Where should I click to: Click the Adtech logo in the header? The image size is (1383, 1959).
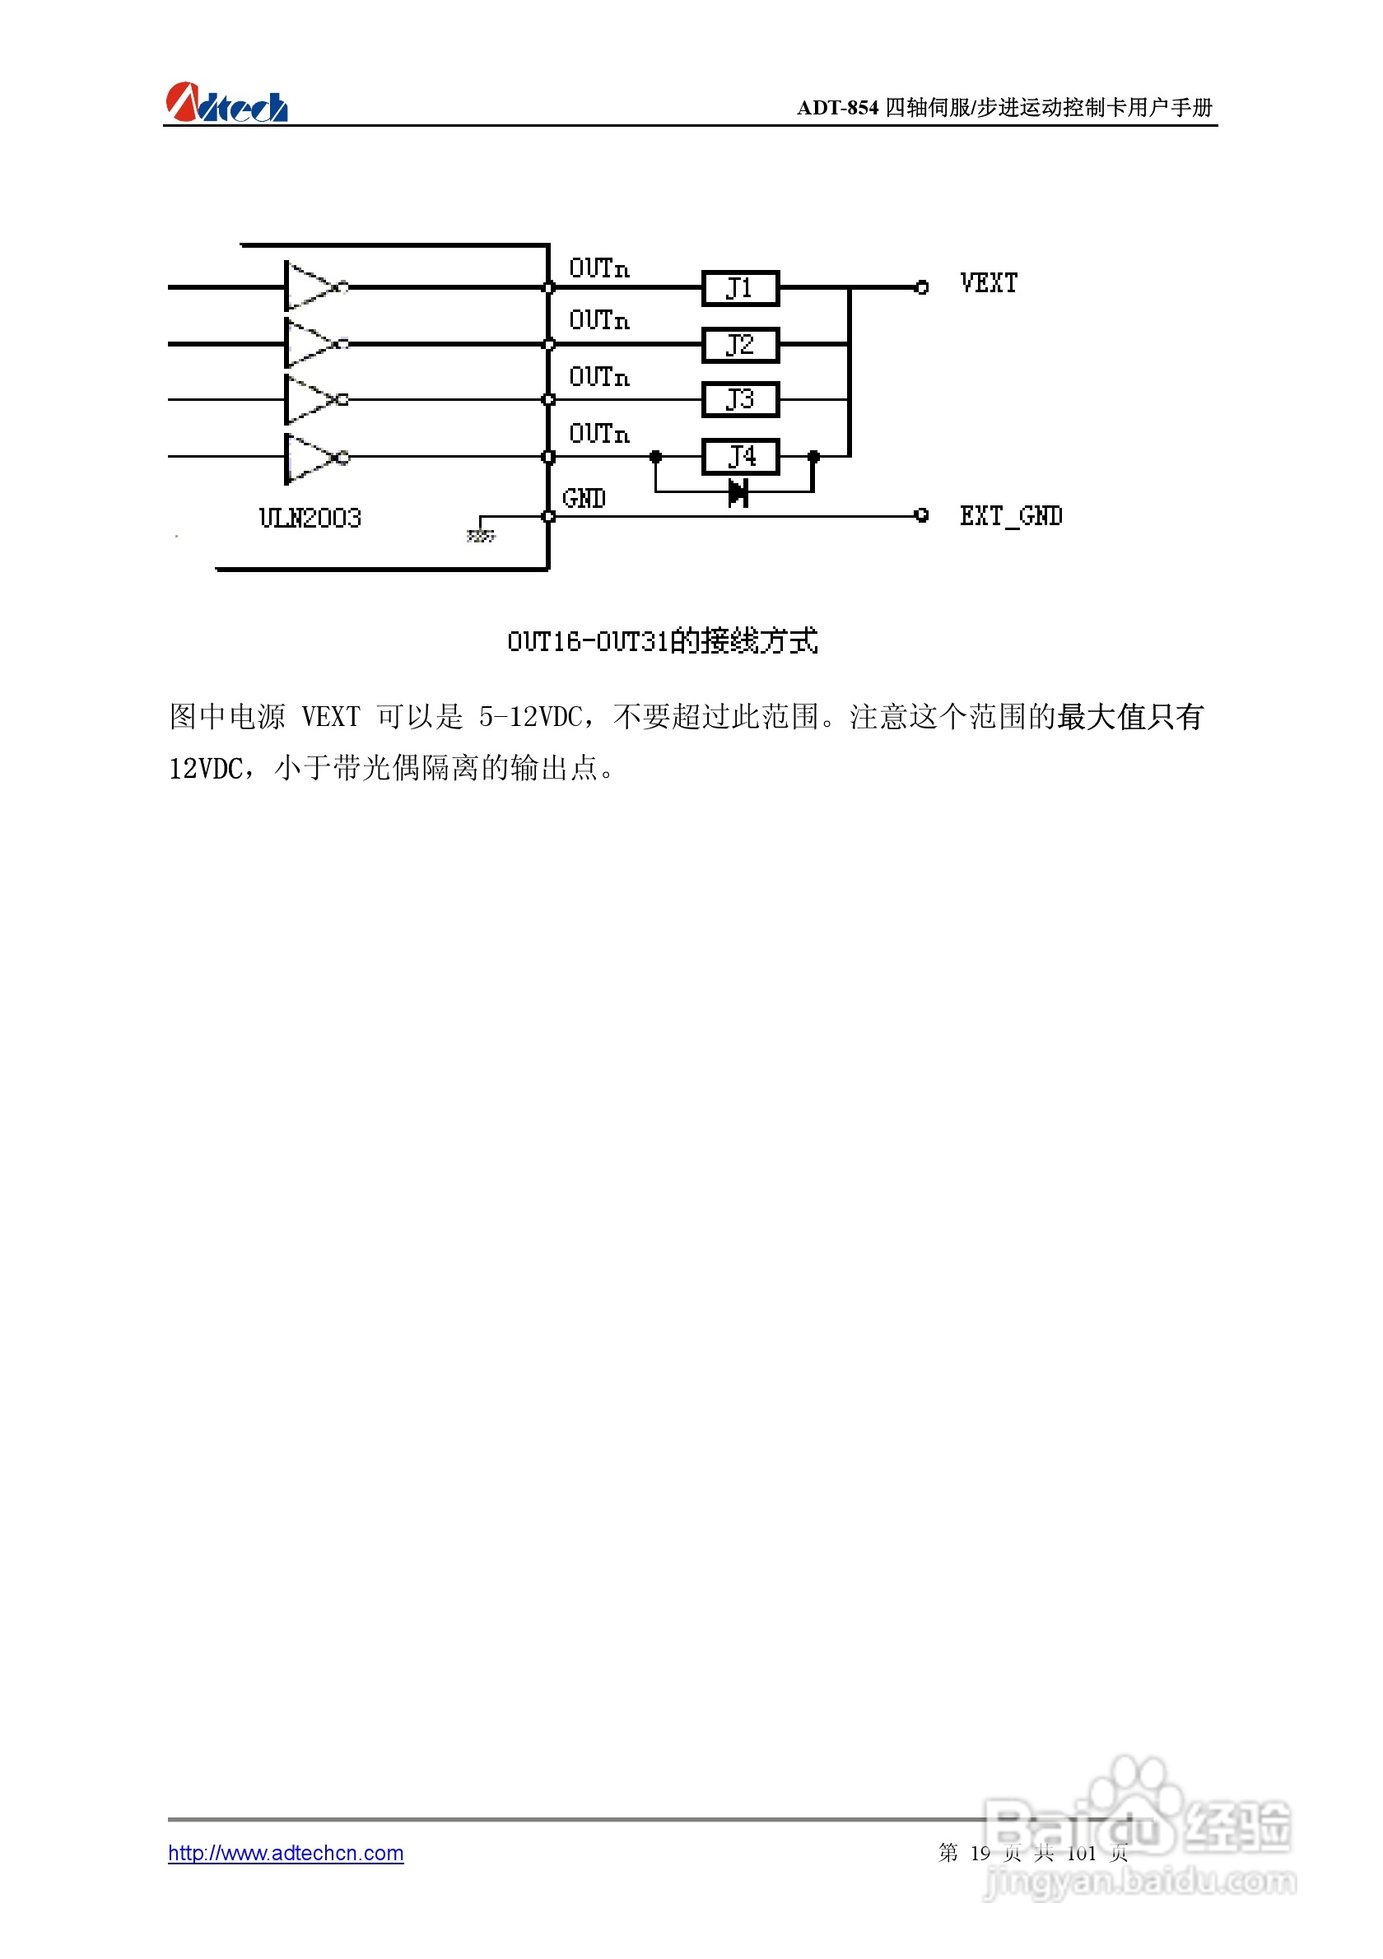[x=226, y=103]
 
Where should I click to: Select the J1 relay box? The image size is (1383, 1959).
[x=740, y=288]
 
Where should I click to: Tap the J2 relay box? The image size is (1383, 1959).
[x=740, y=345]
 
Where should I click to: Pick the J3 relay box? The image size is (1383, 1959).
[x=740, y=399]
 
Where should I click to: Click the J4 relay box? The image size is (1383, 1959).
[x=740, y=457]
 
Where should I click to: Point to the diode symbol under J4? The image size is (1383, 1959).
[x=738, y=492]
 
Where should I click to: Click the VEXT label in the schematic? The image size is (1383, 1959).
[x=988, y=283]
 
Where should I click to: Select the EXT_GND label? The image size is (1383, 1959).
[x=1010, y=516]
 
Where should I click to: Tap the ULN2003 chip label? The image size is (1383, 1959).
[x=310, y=518]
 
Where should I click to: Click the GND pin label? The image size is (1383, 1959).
[x=584, y=498]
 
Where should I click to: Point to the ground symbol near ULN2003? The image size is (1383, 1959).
[x=480, y=535]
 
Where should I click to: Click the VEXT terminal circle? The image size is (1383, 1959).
[x=921, y=287]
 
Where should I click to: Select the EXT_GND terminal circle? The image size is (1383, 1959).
[x=921, y=515]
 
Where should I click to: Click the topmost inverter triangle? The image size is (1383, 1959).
[x=311, y=286]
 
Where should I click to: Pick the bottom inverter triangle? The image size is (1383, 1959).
[x=311, y=458]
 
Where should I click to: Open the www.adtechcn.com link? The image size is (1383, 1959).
[x=286, y=1852]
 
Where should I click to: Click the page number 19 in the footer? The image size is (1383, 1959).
[x=980, y=1852]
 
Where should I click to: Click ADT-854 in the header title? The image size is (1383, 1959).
[x=837, y=108]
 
